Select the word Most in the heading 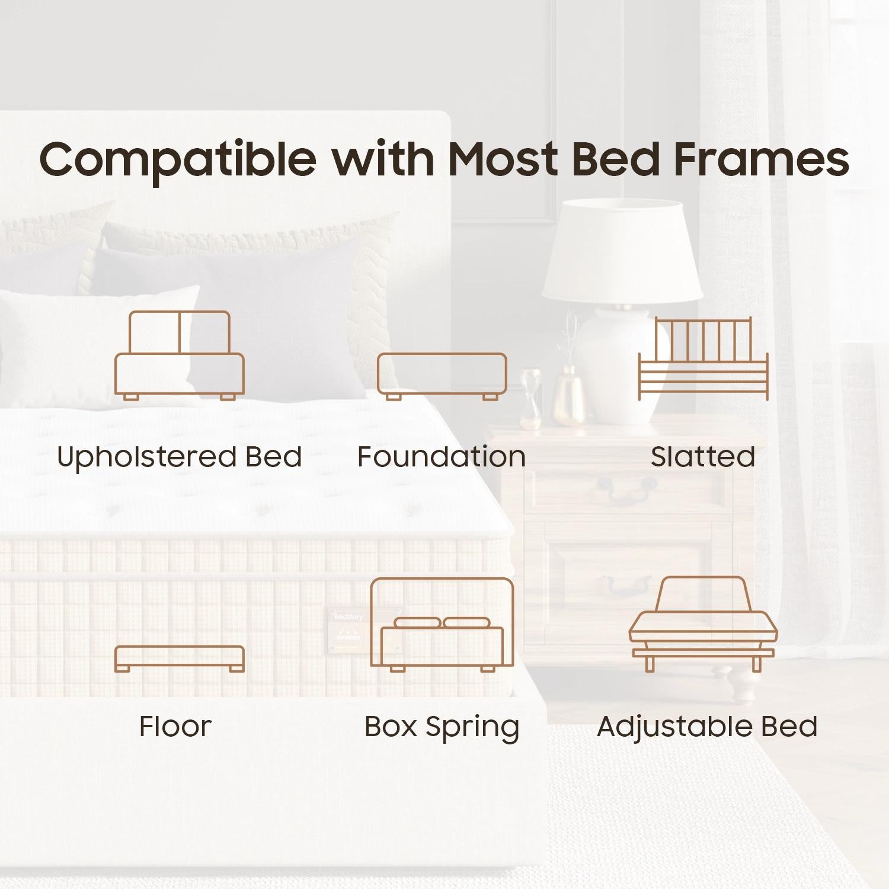[x=503, y=159]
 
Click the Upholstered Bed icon [x=179, y=356]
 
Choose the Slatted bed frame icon [x=703, y=359]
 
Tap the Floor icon [x=179, y=658]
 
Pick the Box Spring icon [x=442, y=625]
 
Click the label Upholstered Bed [x=179, y=458]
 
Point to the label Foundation [x=442, y=458]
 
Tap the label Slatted [x=703, y=458]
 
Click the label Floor [x=175, y=727]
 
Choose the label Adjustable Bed [x=707, y=727]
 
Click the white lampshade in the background [x=622, y=249]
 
